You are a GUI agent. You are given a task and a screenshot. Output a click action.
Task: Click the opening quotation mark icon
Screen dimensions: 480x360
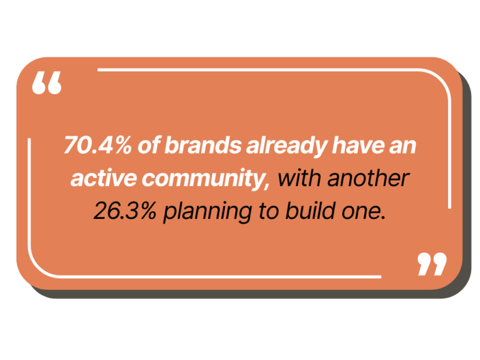tap(47, 83)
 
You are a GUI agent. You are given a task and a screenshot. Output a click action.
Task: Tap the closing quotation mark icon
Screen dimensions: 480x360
tap(432, 264)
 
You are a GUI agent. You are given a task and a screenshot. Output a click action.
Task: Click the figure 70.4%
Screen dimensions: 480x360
tap(98, 145)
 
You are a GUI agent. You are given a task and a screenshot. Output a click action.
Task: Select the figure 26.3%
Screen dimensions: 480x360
tap(125, 211)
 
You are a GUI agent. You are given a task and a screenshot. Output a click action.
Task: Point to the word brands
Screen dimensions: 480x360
tap(203, 145)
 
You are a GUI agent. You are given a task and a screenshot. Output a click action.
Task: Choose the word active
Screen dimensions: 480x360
tap(103, 178)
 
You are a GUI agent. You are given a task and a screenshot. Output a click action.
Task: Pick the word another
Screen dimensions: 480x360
tap(368, 178)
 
